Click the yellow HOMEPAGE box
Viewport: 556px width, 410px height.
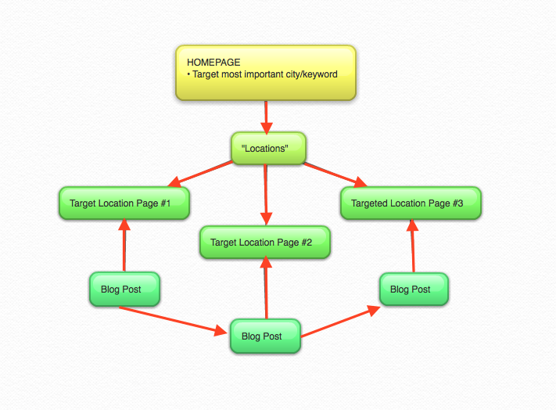tap(265, 73)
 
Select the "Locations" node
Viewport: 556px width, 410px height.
tap(267, 147)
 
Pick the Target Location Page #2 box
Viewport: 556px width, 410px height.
tap(265, 243)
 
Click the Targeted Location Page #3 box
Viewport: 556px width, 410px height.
tap(410, 203)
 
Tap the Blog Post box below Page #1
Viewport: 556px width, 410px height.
tap(125, 290)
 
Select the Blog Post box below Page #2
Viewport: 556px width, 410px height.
tap(265, 336)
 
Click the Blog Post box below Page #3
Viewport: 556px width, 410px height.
tap(414, 290)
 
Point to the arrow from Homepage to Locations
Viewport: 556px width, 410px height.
tap(267, 116)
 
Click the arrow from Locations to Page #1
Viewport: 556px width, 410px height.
tap(201, 174)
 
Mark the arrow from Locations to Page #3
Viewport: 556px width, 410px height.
tap(335, 174)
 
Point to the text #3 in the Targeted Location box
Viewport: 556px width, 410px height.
tap(457, 203)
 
